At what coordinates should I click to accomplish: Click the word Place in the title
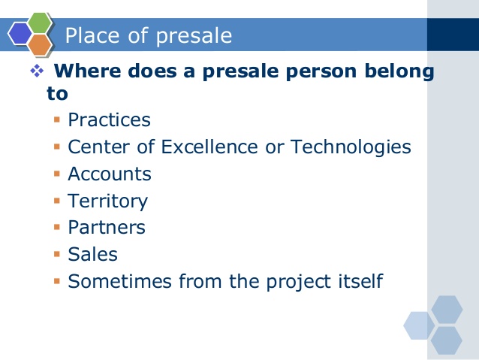pyautogui.click(x=92, y=35)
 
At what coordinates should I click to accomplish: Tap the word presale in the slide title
pyautogui.click(x=194, y=37)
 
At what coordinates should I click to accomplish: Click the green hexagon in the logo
pyautogui.click(x=40, y=23)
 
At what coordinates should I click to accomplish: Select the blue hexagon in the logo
pyautogui.click(x=20, y=34)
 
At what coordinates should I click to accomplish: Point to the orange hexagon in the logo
pyautogui.click(x=40, y=44)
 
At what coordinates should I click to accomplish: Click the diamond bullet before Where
pyautogui.click(x=37, y=71)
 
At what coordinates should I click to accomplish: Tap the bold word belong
pyautogui.click(x=399, y=72)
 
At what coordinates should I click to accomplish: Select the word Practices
pyautogui.click(x=109, y=119)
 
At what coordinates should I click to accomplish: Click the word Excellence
pyautogui.click(x=209, y=147)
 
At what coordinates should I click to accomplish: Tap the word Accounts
pyautogui.click(x=110, y=174)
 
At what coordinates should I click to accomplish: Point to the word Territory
pyautogui.click(x=108, y=202)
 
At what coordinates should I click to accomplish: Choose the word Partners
pyautogui.click(x=107, y=227)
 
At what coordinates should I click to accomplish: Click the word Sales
pyautogui.click(x=92, y=254)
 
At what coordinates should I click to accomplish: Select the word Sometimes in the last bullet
pyautogui.click(x=119, y=281)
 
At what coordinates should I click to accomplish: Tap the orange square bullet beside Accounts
pyautogui.click(x=57, y=174)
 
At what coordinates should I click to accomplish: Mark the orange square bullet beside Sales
pyautogui.click(x=57, y=254)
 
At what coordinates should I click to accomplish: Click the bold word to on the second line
pyautogui.click(x=57, y=94)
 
